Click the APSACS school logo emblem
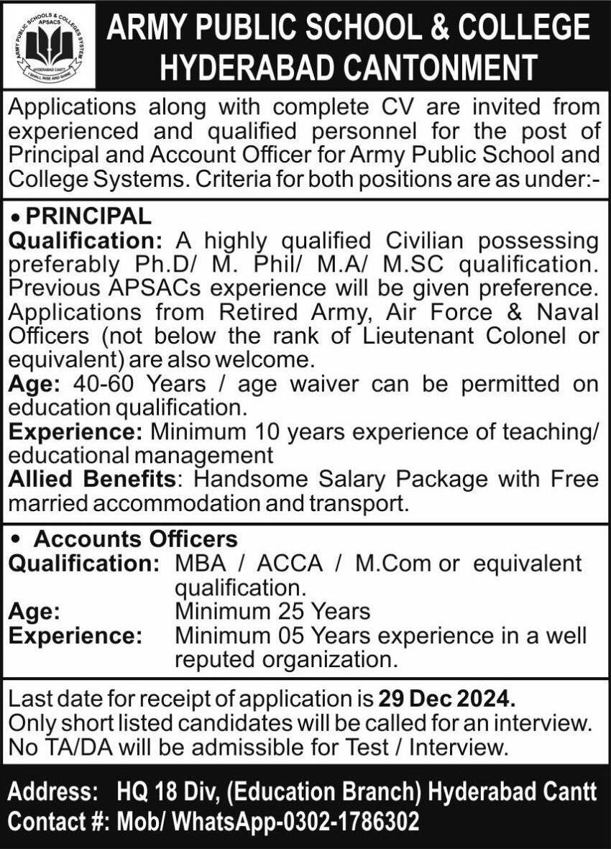(x=49, y=45)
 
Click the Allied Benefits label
(x=92, y=479)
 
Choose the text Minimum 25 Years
(x=273, y=612)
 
